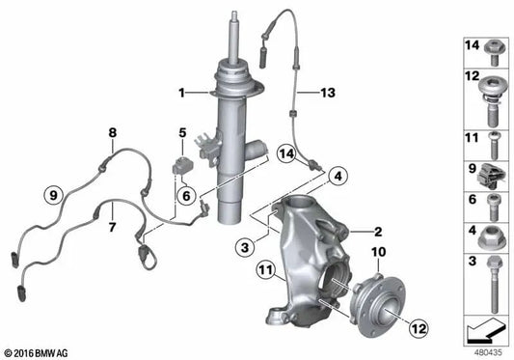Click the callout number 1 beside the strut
point(180,93)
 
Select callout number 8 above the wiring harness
point(112,132)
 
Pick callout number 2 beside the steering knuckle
point(379,231)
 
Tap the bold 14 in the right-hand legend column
point(472,45)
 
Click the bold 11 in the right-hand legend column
point(472,137)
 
